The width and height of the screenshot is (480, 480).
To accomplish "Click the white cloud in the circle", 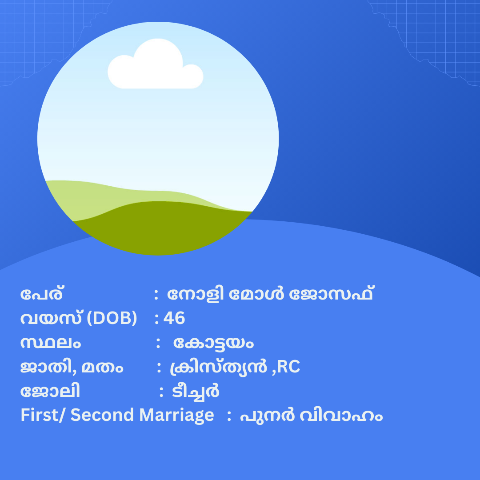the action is click(156, 65).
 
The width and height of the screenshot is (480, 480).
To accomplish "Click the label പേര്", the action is click(42, 294).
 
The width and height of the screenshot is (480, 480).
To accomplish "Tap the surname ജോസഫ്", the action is click(331, 294).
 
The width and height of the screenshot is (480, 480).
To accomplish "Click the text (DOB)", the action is click(112, 318).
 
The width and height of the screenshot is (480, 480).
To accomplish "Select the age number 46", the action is click(174, 318).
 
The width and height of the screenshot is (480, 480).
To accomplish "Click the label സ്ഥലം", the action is click(51, 343).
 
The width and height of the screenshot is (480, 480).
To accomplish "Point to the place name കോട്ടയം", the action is click(213, 343).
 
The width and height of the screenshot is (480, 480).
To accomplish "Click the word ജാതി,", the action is click(48, 367).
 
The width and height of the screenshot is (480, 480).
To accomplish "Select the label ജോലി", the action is click(50, 391).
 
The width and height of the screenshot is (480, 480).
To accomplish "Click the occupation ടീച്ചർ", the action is click(196, 391).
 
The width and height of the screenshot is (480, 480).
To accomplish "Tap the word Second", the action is click(102, 415).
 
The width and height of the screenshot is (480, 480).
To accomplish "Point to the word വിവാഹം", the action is click(341, 416).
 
